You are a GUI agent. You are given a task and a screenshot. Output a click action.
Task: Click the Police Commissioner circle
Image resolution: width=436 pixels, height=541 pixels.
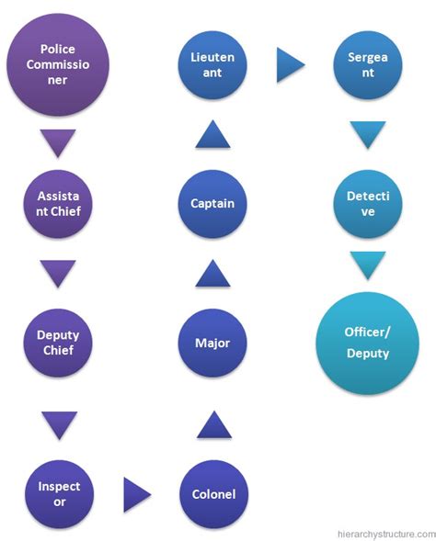58,65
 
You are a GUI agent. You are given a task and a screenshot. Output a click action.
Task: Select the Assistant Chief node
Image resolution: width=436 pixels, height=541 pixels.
59,201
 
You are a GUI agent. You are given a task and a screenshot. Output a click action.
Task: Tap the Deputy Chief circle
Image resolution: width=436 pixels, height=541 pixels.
59,344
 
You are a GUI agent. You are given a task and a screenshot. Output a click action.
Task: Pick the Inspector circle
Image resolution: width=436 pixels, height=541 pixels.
59,493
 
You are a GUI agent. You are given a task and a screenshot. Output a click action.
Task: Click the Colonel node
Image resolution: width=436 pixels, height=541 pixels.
213,493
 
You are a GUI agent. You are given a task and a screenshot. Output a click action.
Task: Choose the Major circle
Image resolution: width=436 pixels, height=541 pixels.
213,344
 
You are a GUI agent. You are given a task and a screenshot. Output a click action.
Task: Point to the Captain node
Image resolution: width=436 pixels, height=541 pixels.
213,201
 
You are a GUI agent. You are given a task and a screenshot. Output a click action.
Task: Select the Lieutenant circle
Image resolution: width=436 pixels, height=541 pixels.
213,64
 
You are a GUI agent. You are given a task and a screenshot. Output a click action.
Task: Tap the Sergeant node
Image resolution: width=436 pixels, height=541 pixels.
368,64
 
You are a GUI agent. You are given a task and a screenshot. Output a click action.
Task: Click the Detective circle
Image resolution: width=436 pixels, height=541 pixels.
368,201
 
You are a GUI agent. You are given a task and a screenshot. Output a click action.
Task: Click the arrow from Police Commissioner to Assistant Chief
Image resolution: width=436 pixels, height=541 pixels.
59,141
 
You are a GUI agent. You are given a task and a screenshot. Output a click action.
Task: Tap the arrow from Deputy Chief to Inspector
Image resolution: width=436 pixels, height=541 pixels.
59,423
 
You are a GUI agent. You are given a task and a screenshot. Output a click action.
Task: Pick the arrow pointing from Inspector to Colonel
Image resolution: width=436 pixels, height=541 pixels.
136,494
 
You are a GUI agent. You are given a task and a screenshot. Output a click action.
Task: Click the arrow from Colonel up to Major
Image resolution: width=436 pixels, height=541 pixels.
213,423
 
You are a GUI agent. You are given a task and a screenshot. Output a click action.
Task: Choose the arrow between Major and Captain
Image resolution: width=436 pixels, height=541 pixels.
213,273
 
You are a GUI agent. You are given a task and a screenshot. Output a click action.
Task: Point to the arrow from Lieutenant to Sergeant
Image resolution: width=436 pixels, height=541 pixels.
290,64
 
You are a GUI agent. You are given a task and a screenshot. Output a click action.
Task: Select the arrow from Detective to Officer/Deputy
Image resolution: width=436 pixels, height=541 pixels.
368,265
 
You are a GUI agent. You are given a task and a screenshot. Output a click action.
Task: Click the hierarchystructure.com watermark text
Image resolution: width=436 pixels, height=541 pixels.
379,531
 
